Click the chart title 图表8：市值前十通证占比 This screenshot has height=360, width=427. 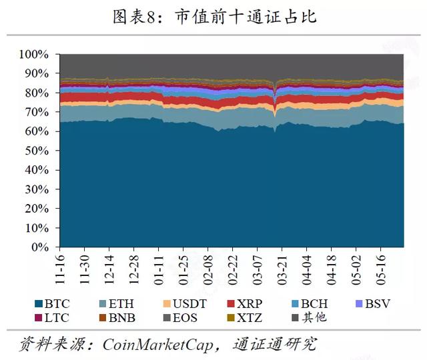[215, 17]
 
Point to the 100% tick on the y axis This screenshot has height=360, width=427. [34, 55]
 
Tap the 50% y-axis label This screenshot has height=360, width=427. [37, 151]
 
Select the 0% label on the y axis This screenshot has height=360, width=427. [40, 247]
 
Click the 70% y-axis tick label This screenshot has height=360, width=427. [37, 112]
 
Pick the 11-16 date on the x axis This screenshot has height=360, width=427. [60, 269]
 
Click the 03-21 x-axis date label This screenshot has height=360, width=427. [282, 270]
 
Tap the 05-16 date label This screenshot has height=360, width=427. [381, 270]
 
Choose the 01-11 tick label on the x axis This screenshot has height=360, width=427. [159, 270]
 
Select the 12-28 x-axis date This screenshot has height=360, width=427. [134, 270]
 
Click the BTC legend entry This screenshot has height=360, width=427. [52, 304]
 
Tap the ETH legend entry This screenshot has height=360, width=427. [117, 304]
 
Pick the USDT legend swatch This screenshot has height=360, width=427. [167, 304]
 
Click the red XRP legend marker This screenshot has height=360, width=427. [231, 304]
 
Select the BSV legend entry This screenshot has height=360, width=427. [373, 304]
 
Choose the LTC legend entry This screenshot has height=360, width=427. [52, 318]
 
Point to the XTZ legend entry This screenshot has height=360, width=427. [245, 318]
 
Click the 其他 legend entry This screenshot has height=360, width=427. [309, 318]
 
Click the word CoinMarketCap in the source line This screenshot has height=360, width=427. [157, 345]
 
